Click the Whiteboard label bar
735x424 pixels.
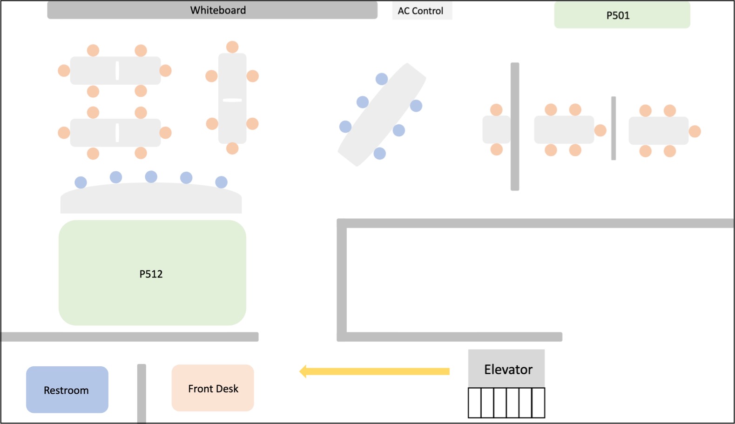coord(212,10)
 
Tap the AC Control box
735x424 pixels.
coord(421,11)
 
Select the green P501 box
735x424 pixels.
coord(622,15)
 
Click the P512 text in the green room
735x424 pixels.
coord(151,274)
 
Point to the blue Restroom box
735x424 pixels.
coord(67,390)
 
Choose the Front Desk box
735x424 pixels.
coord(213,388)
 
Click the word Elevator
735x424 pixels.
coord(508,370)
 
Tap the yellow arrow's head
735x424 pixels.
coord(303,371)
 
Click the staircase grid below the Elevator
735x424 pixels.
coord(506,403)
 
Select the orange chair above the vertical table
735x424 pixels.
coord(232,47)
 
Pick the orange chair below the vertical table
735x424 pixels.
coord(232,148)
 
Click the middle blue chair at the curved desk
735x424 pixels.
coord(151,177)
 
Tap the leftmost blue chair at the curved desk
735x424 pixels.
coord(81,182)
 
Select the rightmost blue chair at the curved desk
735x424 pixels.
coord(221,182)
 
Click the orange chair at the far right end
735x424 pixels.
coord(695,132)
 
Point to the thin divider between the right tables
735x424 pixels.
coord(614,128)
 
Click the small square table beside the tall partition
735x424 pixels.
coord(496,129)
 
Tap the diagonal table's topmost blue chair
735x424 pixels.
coord(382,79)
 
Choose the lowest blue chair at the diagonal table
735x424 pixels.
coord(380,154)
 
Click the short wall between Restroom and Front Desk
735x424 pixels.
coord(142,393)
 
